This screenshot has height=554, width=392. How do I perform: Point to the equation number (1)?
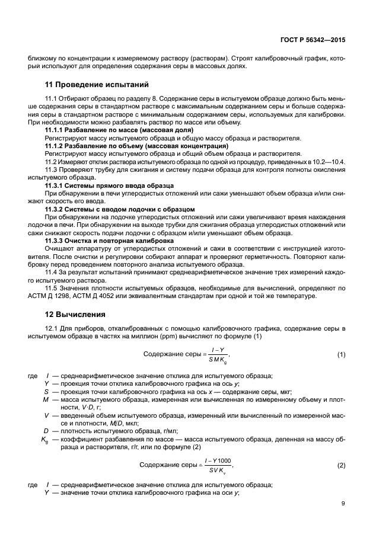coord(341,354)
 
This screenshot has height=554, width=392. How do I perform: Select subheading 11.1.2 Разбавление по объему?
coord(136,145)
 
